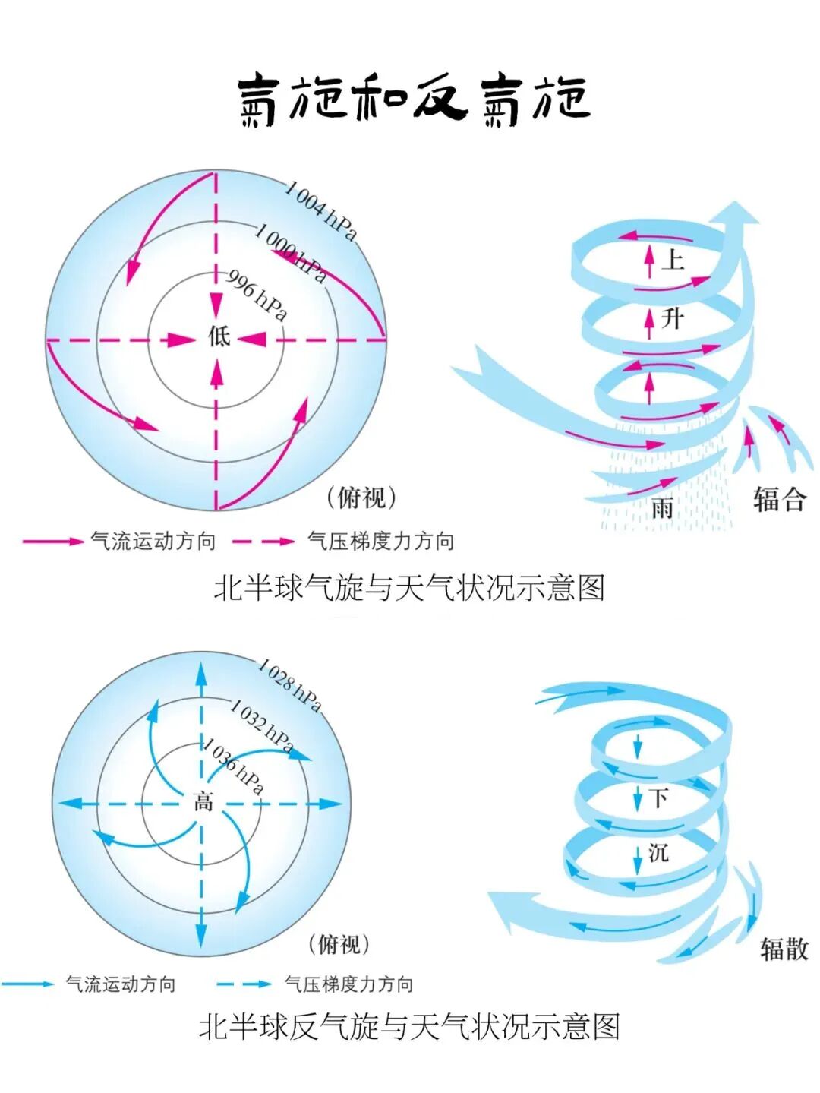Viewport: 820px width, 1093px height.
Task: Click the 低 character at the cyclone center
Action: pyautogui.click(x=219, y=336)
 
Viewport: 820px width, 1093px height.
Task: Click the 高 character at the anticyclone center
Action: pyautogui.click(x=203, y=801)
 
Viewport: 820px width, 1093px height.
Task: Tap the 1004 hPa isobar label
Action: pyautogui.click(x=320, y=210)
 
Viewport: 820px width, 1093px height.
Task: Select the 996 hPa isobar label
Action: pyautogui.click(x=257, y=295)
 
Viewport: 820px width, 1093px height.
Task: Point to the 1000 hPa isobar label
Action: pyautogui.click(x=291, y=252)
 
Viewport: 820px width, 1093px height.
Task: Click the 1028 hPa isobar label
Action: pyautogui.click(x=289, y=685)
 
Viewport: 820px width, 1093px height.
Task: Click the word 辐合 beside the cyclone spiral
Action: pyautogui.click(x=779, y=499)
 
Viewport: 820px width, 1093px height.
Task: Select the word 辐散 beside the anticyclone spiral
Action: pyautogui.click(x=784, y=949)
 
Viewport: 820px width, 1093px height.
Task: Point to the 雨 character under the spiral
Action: pyautogui.click(x=662, y=507)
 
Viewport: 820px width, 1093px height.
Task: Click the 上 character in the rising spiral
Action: pyautogui.click(x=673, y=261)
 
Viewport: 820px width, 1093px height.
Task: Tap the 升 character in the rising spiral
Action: pyautogui.click(x=671, y=317)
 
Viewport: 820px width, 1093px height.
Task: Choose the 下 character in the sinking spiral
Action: pyautogui.click(x=658, y=798)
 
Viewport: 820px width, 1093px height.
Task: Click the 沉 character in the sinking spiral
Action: pyautogui.click(x=658, y=852)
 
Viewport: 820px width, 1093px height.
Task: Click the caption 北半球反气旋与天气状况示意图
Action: pyautogui.click(x=409, y=1026)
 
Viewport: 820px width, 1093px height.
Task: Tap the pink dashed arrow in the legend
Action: pyautogui.click(x=263, y=542)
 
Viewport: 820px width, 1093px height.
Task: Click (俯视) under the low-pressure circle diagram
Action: pyautogui.click(x=361, y=498)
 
